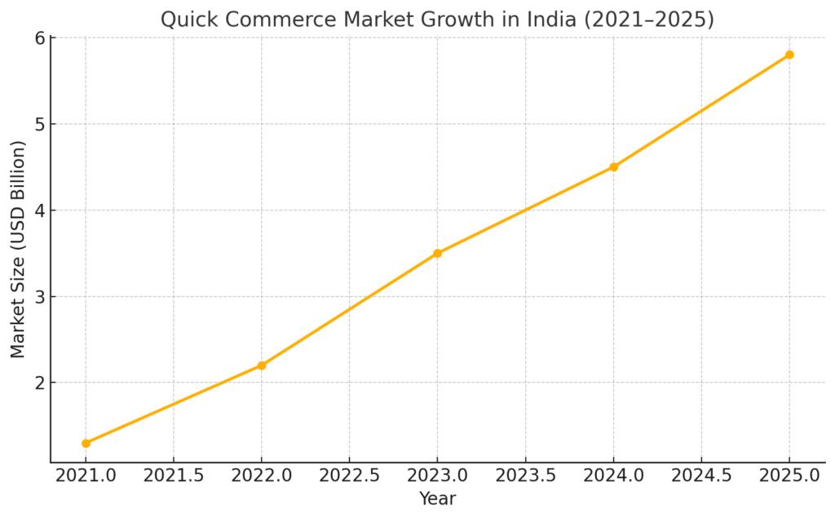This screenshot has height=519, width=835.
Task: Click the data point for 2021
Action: [x=86, y=443]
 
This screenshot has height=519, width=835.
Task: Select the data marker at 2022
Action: [x=262, y=366]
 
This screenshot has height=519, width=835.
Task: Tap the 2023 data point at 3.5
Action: [x=438, y=253]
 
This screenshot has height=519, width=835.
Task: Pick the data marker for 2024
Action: [x=613, y=167]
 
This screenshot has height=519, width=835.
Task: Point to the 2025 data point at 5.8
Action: [x=789, y=55]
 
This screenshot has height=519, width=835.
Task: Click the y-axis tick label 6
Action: [x=39, y=38]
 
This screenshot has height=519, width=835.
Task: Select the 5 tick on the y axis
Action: [x=39, y=124]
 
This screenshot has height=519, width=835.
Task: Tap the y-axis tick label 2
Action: [x=39, y=383]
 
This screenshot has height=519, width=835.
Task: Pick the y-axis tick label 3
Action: [x=39, y=296]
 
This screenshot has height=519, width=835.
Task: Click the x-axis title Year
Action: [x=437, y=499]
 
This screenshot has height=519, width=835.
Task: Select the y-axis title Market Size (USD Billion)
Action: [x=18, y=249]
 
